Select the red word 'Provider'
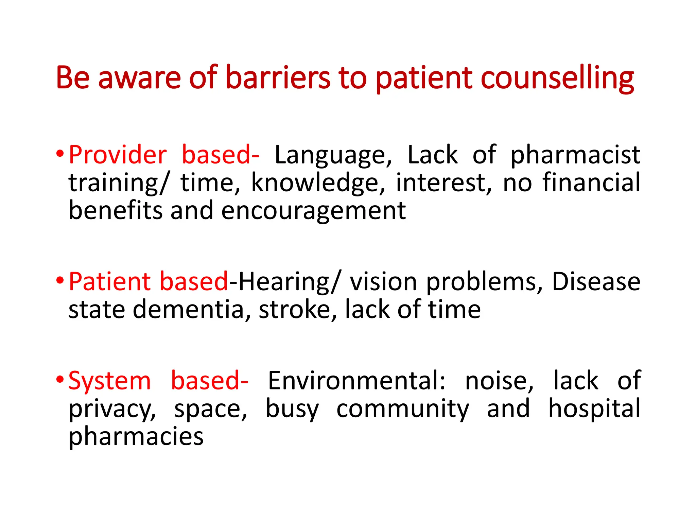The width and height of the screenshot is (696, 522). (x=118, y=155)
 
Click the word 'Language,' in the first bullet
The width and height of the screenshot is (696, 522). (x=333, y=155)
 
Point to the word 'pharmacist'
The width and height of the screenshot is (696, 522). (x=575, y=155)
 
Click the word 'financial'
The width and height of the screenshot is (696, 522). (x=591, y=183)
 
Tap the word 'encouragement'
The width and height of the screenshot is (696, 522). (x=313, y=211)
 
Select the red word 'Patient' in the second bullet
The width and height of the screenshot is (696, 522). (x=109, y=282)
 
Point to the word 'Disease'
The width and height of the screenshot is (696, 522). (x=596, y=282)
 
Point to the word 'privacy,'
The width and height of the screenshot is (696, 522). (x=112, y=409)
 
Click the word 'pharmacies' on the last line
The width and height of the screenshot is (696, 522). (x=136, y=437)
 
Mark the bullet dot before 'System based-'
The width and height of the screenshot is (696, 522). (x=60, y=379)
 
